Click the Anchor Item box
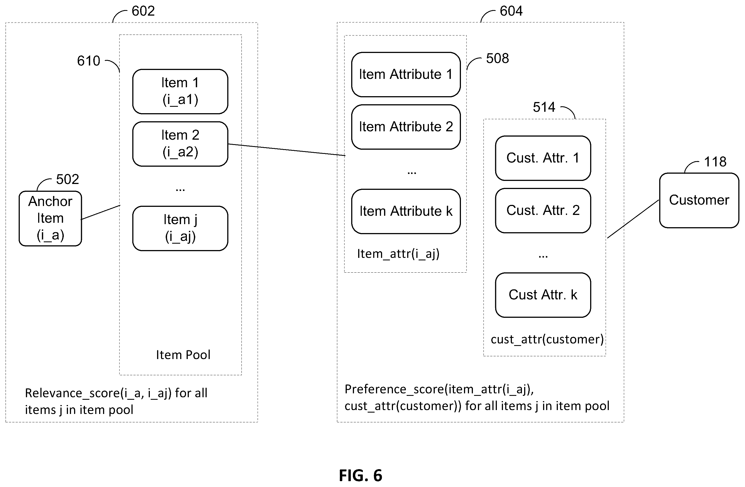click(50, 219)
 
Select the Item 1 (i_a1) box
click(180, 91)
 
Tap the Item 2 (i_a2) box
click(180, 144)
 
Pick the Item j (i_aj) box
click(180, 228)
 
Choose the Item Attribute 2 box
click(406, 127)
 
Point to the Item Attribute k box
click(406, 211)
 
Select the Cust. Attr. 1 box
click(543, 158)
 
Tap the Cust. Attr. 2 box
click(543, 210)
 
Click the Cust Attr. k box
click(543, 295)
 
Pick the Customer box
click(699, 200)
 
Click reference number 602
click(143, 11)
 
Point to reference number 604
click(511, 11)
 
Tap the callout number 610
click(89, 61)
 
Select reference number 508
click(497, 59)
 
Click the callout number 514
click(544, 107)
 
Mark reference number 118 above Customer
click(715, 162)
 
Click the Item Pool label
click(183, 355)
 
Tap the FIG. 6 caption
click(361, 475)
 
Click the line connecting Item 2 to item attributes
click(287, 150)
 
